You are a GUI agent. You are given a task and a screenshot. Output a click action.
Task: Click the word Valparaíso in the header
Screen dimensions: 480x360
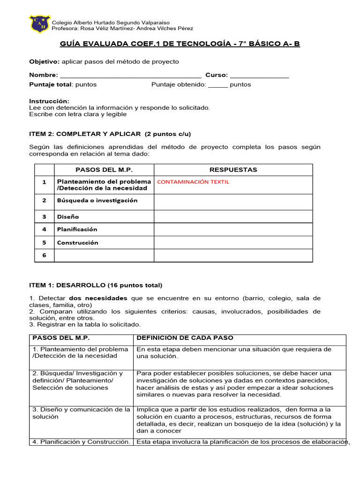click(155, 22)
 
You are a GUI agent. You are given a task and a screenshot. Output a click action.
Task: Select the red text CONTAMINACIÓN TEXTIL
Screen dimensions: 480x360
click(193, 182)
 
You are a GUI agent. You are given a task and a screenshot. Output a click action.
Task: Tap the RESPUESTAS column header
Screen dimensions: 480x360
click(233, 170)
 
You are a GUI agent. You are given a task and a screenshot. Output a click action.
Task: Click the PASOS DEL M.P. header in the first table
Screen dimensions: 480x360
click(104, 170)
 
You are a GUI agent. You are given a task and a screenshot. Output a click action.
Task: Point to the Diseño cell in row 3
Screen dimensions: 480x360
click(68, 217)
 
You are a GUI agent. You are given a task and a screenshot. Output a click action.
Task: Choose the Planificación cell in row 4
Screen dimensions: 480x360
click(77, 229)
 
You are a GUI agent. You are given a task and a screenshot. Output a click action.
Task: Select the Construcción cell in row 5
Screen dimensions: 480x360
click(77, 242)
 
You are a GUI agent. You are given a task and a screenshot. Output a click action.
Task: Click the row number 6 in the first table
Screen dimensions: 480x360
click(44, 255)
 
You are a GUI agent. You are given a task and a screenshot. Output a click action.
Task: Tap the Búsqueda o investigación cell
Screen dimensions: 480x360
click(97, 200)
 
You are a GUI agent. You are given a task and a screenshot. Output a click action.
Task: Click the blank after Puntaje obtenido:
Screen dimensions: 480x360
click(217, 85)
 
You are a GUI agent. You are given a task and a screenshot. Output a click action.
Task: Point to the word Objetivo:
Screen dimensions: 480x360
click(44, 62)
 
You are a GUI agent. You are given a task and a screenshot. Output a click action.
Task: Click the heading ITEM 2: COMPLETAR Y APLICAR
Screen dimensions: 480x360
click(110, 134)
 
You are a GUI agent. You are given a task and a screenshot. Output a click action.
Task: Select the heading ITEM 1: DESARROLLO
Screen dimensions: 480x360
click(95, 285)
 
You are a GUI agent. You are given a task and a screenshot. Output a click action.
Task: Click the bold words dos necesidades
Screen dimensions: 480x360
click(98, 298)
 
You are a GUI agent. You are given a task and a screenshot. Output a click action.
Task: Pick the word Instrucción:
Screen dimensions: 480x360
click(49, 101)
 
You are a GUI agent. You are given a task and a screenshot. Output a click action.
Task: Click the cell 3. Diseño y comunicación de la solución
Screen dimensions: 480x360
click(81, 413)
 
